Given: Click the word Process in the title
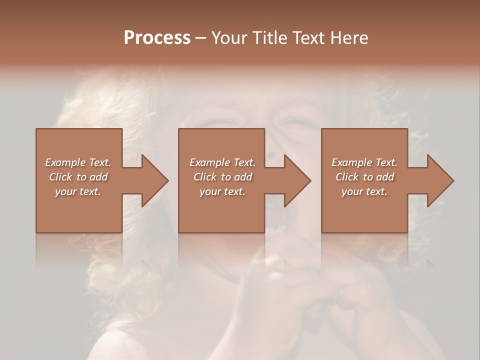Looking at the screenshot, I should pos(157,38).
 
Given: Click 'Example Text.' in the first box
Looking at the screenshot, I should pos(78,162).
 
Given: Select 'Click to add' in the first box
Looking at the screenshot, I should pos(78,177).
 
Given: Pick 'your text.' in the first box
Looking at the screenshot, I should pos(78,191).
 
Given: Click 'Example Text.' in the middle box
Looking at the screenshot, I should pos(222,162).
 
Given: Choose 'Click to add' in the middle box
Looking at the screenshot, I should pos(222,177).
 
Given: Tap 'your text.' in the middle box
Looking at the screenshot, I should pos(222,191).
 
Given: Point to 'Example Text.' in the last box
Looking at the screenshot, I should pos(364,162).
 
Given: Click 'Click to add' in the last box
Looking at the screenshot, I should pos(364,177).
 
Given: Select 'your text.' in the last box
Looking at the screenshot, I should pos(364,191).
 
